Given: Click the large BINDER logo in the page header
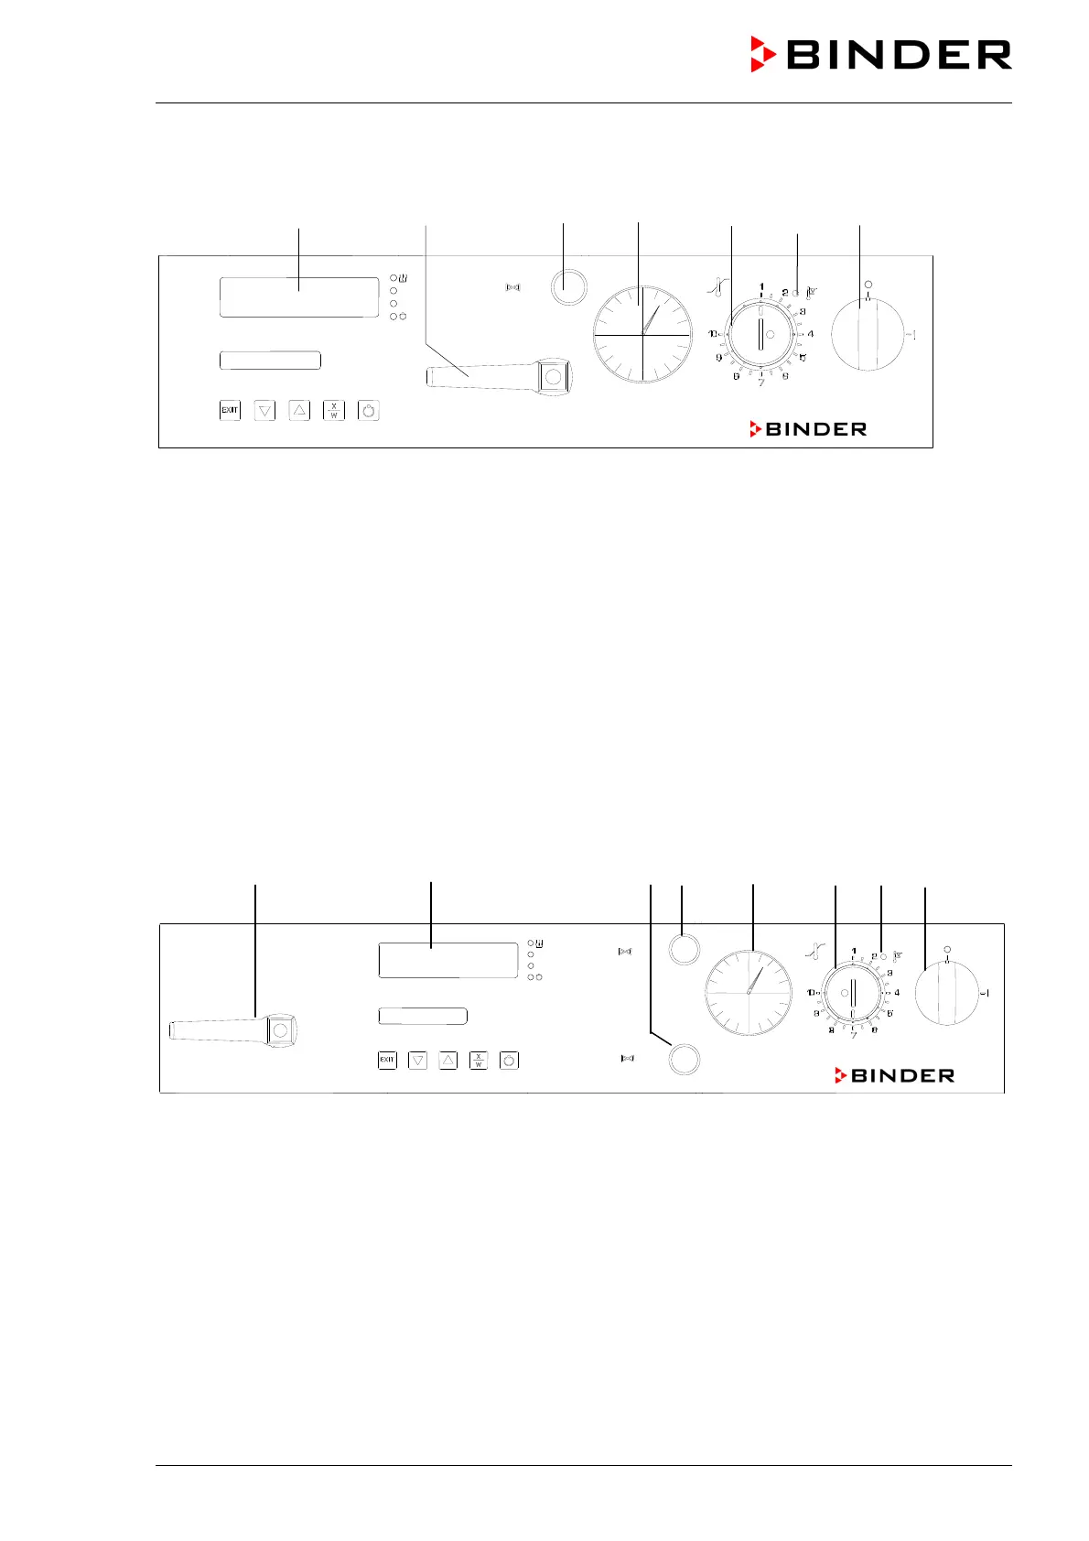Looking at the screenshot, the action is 881,55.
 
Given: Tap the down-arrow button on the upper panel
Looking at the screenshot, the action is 264,411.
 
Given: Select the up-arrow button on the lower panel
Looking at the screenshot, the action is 447,1061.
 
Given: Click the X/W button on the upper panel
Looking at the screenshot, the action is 334,411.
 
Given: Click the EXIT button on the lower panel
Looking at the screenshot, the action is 387,1061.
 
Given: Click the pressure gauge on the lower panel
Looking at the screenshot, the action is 749,993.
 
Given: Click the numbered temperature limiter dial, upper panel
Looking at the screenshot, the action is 760,335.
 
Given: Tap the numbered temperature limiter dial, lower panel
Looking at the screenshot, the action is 853,993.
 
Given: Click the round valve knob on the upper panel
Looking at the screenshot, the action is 568,287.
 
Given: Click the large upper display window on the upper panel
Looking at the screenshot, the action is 299,297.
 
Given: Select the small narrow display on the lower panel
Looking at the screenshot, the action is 423,1016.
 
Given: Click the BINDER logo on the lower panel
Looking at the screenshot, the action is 894,1075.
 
